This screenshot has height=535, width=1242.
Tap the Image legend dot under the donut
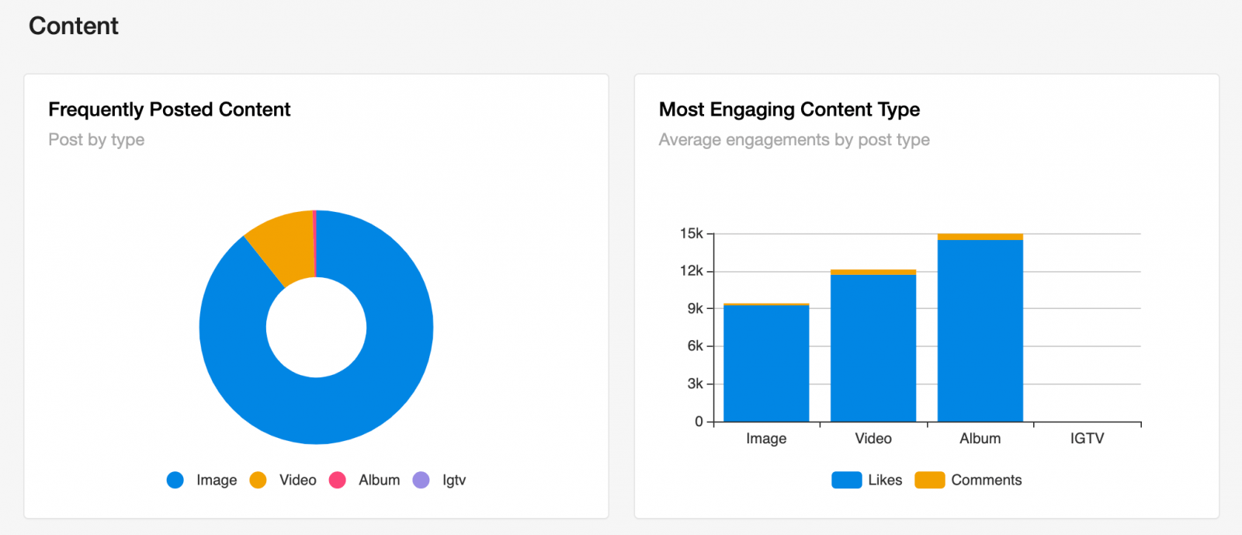(x=175, y=480)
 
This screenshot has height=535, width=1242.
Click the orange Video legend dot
(x=258, y=480)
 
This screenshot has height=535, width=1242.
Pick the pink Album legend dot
(x=337, y=480)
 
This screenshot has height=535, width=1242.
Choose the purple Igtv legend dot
(x=422, y=480)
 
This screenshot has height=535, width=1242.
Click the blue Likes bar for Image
(x=766, y=363)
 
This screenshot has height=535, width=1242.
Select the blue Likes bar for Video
(x=873, y=348)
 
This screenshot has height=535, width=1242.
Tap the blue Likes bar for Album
(x=980, y=331)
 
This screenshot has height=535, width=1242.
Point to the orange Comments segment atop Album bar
(x=980, y=237)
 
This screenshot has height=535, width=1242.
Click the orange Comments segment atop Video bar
(x=873, y=273)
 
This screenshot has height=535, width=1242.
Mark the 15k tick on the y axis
(x=710, y=234)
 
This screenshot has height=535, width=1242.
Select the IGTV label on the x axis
(x=1087, y=439)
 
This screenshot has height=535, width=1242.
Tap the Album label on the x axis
(x=980, y=439)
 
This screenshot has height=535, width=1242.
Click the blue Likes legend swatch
(x=847, y=480)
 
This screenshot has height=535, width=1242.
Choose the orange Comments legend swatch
(x=930, y=480)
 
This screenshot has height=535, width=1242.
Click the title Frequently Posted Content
(x=169, y=109)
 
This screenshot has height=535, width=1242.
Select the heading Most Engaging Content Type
(x=789, y=109)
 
